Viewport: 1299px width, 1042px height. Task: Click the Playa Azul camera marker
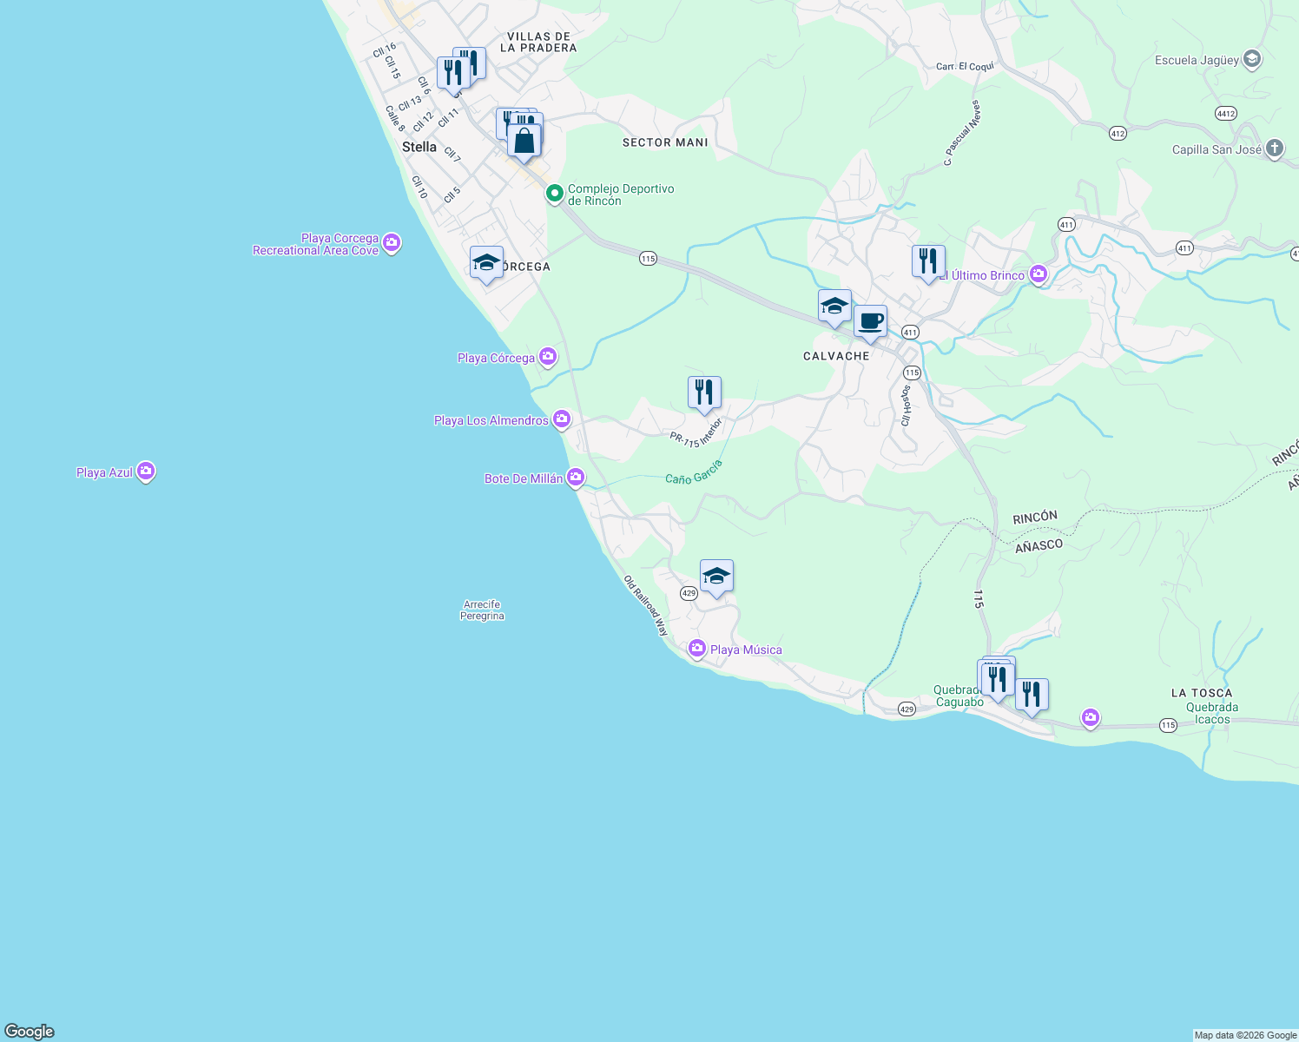click(x=146, y=472)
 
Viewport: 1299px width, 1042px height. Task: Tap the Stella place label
click(x=419, y=147)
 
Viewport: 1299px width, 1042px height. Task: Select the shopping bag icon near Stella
click(x=524, y=141)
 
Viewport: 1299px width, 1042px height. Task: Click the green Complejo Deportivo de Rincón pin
click(x=554, y=193)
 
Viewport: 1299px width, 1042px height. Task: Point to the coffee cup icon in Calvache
click(x=870, y=322)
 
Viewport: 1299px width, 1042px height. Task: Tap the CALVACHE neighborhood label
click(x=836, y=356)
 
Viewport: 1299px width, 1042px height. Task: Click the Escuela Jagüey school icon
click(x=1251, y=59)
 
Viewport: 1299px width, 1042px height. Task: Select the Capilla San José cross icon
click(x=1274, y=148)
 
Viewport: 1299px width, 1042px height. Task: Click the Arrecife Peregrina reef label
click(x=482, y=610)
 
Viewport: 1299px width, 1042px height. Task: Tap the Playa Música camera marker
click(x=696, y=649)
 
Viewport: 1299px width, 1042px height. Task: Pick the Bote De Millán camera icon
click(x=575, y=478)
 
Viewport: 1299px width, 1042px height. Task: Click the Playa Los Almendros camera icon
click(x=562, y=419)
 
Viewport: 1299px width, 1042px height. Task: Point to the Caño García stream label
click(x=694, y=472)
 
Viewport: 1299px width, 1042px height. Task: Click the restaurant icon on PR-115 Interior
click(x=704, y=392)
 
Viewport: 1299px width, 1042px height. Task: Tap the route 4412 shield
click(x=1226, y=114)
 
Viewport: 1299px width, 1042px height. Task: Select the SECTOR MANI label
click(x=665, y=142)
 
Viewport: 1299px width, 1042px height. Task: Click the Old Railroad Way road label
click(x=646, y=606)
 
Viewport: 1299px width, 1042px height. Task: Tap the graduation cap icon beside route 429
click(x=716, y=577)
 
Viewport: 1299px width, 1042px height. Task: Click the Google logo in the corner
click(x=30, y=1032)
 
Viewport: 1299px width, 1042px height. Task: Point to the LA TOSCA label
click(x=1201, y=693)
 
